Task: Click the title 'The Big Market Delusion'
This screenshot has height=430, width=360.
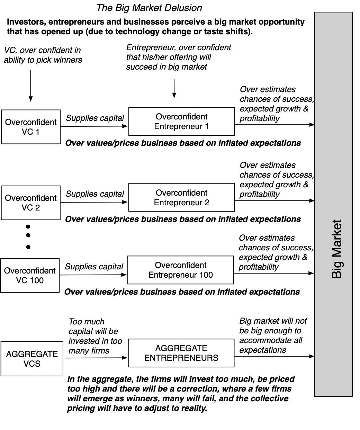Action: point(149,8)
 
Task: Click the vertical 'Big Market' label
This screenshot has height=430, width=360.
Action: point(336,249)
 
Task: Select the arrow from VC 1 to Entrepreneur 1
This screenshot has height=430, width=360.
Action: point(94,126)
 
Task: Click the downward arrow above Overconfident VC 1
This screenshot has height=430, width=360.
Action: point(31,86)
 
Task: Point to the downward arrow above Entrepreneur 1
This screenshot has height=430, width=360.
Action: point(174,89)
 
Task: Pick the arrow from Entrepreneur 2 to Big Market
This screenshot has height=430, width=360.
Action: point(274,200)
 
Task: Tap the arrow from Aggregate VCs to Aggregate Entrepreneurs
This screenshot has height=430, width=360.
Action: point(97,358)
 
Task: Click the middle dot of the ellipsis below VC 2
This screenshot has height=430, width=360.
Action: point(28,235)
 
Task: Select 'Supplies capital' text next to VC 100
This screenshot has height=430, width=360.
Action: point(94,267)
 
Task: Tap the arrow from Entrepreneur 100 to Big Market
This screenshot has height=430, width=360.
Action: point(274,273)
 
